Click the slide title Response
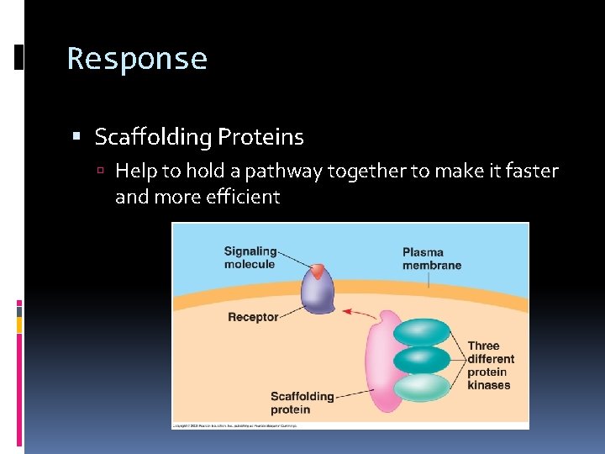pos(137,59)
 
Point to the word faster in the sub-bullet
pos(528,172)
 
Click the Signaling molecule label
pos(250,257)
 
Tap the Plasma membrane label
pos(432,258)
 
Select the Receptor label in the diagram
pos(253,317)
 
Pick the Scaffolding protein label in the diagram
pos(302,403)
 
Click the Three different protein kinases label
pos(490,365)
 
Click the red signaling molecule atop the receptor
pos(317,271)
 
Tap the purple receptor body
pos(318,294)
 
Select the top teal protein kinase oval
pos(422,333)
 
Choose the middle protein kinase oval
pos(422,360)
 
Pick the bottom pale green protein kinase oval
pos(422,387)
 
